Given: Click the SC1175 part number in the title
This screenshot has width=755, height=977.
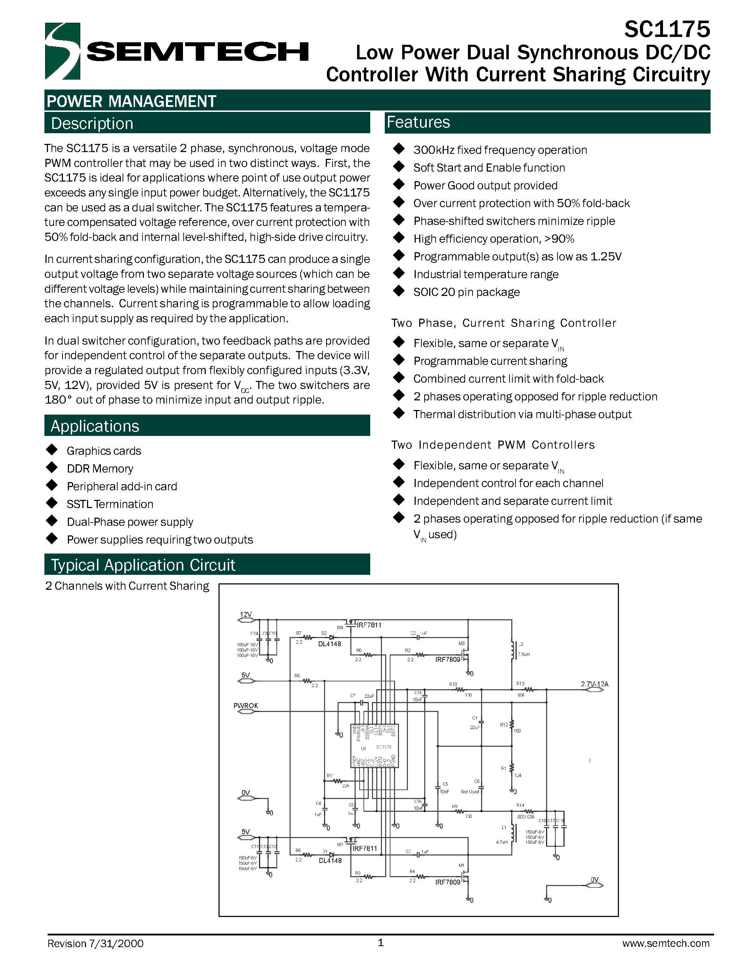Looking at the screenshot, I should point(667,29).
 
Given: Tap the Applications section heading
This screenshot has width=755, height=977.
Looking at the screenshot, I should point(95,426).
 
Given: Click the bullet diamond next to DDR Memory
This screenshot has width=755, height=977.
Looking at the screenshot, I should point(52,468).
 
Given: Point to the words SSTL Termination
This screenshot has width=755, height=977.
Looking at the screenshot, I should point(110,504).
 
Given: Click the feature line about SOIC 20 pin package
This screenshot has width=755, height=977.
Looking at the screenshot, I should point(466,292).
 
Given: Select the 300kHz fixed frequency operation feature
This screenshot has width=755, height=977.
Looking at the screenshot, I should point(500,150).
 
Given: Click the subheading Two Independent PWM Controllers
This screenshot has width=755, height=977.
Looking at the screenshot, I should point(492,445).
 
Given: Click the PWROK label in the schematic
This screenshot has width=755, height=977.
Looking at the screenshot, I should point(246,706).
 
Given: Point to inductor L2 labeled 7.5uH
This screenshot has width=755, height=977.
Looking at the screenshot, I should point(513,651).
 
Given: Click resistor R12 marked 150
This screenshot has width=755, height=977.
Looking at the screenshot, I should point(512,724).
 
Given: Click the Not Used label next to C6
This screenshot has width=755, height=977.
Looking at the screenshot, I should point(470,792).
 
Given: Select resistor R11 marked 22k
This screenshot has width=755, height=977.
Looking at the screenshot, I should point(338,781).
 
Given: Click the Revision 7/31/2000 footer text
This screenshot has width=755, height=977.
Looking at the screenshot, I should point(95,944).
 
